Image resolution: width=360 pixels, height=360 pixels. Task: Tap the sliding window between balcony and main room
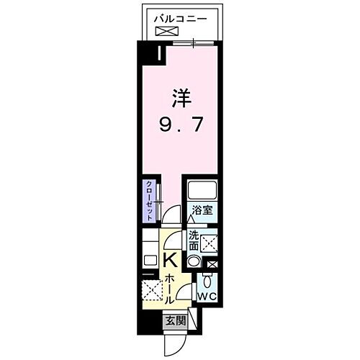(193, 45)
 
